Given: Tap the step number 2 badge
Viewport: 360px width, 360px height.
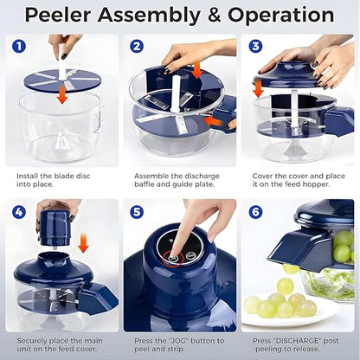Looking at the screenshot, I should pyautogui.click(x=138, y=47).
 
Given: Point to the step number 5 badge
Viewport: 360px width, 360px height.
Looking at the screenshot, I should pyautogui.click(x=138, y=211).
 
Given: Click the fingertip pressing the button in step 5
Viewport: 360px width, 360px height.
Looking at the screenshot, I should pyautogui.click(x=179, y=251).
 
